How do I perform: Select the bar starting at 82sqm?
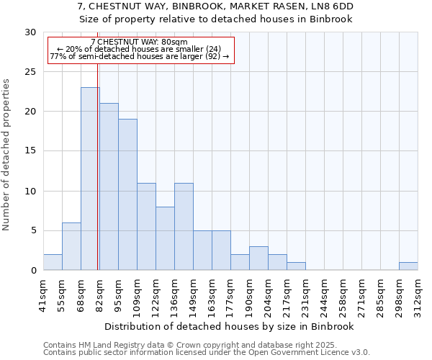tap(109, 186)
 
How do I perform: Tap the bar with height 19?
tap(127, 194)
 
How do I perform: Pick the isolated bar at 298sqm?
tap(408, 266)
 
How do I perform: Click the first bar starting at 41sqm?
tap(53, 262)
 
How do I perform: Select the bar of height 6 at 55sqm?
tap(71, 246)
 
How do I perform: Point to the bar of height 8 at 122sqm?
tap(165, 238)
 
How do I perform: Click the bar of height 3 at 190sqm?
tap(258, 258)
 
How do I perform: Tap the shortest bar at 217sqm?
tap(296, 266)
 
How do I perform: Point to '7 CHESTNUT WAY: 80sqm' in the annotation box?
tap(140, 42)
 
